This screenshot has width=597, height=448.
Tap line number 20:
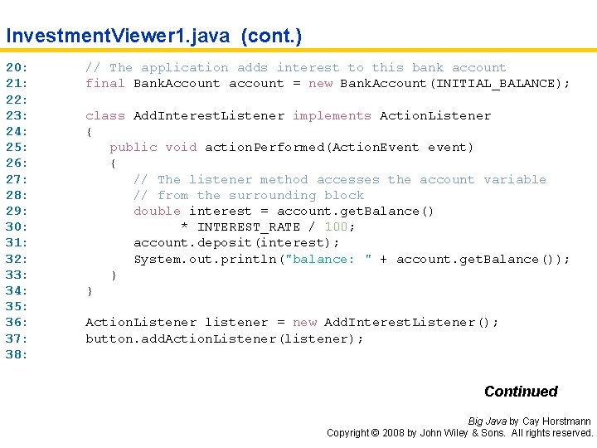click(x=17, y=68)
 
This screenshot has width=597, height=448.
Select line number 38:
click(x=17, y=354)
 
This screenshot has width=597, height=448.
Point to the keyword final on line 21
click(x=105, y=84)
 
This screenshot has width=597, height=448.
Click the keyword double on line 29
click(x=157, y=212)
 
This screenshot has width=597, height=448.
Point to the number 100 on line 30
click(x=336, y=227)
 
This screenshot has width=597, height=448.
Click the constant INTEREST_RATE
click(x=248, y=227)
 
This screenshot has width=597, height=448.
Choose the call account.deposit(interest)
click(x=236, y=243)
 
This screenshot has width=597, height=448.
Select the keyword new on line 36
click(x=304, y=323)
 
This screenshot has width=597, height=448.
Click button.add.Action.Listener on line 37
click(x=182, y=338)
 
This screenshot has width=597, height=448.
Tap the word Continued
click(x=521, y=392)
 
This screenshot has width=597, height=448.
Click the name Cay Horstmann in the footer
click(x=558, y=421)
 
